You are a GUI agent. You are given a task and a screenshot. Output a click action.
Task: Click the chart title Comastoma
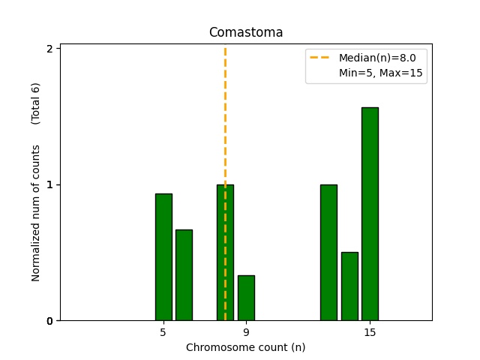[x=245, y=32]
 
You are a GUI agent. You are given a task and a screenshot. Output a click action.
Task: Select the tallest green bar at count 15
[x=370, y=214]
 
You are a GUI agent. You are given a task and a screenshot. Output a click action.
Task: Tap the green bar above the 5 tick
[x=163, y=256]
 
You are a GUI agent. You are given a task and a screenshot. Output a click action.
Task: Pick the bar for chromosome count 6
[x=184, y=274]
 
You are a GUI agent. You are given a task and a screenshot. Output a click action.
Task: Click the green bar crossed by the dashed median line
[x=225, y=252]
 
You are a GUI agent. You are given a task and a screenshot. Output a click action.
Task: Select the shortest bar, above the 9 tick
[x=246, y=298]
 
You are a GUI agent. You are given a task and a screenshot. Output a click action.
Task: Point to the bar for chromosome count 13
[x=328, y=252]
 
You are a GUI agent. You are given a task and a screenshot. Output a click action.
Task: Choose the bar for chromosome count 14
[x=349, y=286]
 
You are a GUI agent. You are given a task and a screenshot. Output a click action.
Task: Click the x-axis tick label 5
[x=163, y=331]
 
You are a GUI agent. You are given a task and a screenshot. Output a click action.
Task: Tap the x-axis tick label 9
[x=246, y=331]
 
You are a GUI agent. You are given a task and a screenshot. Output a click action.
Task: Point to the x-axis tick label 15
[x=370, y=331]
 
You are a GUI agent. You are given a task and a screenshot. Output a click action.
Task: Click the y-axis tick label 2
[x=49, y=49]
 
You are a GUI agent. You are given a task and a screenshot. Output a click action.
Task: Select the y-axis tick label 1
[x=49, y=184]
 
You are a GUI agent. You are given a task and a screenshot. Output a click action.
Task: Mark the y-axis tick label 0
[x=49, y=321]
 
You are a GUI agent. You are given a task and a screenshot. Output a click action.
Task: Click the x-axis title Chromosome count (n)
[x=245, y=347]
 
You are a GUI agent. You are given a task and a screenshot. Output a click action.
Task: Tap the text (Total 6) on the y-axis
[x=36, y=103]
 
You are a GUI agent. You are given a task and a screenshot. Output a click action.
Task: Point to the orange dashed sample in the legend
[x=321, y=58]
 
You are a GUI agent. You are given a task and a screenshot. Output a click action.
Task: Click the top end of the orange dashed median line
[x=225, y=49]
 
